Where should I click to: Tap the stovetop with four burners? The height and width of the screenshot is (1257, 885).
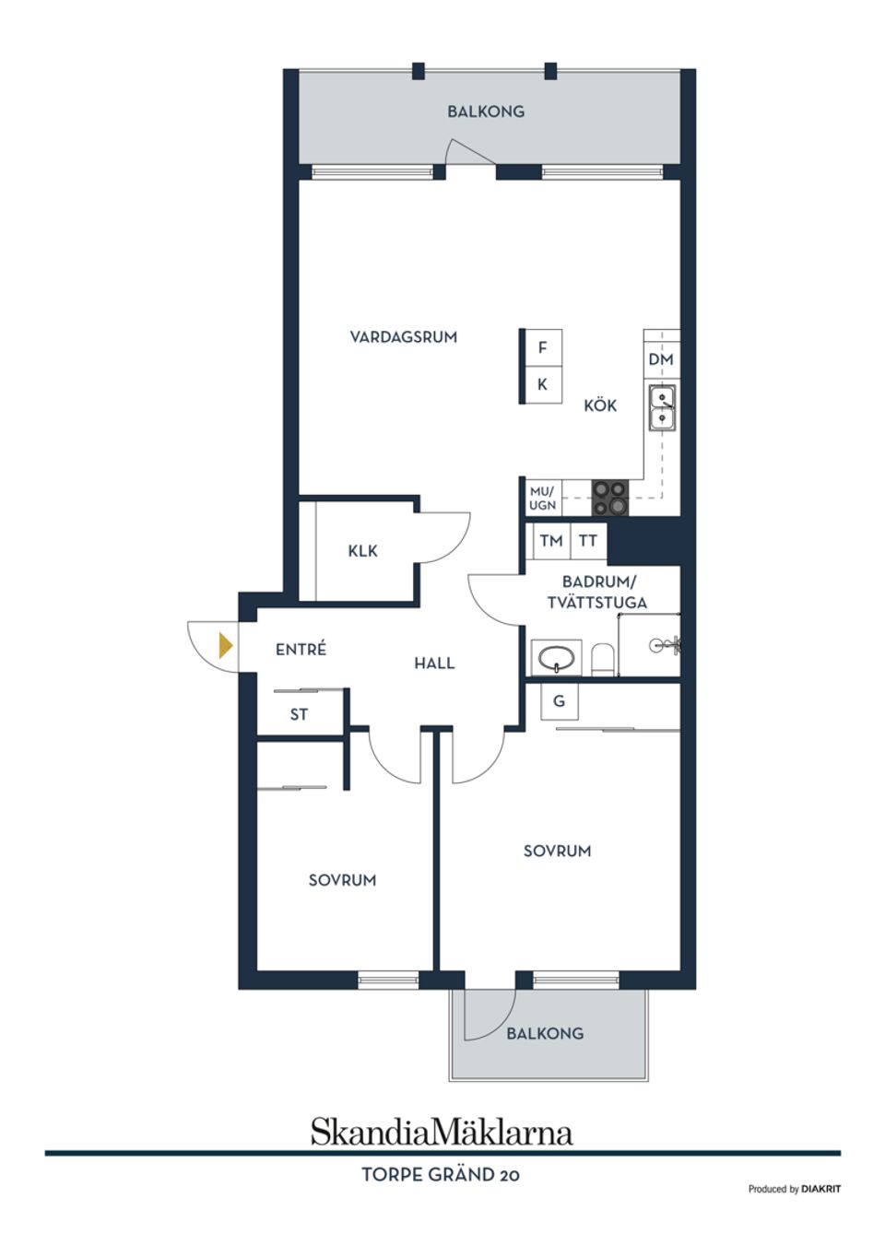[x=609, y=498]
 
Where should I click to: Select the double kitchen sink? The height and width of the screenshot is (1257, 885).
[x=661, y=408]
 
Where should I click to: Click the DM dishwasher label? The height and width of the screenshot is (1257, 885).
[x=660, y=359]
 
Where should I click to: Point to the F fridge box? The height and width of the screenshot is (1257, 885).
[x=542, y=347]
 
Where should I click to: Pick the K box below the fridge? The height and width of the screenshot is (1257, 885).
[x=542, y=384]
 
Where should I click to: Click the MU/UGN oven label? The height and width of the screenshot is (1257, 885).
[x=542, y=499]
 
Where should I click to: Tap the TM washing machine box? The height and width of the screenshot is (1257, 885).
[x=551, y=541]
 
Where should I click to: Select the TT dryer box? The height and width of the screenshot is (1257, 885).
[x=588, y=541]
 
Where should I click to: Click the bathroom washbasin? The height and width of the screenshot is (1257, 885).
[x=557, y=659]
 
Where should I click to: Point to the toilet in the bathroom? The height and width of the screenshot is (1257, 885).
[x=603, y=658]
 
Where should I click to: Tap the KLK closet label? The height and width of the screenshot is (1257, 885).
[x=362, y=550]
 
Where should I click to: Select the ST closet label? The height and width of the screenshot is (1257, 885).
[x=299, y=714]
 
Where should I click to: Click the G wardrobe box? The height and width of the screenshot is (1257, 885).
[x=559, y=701]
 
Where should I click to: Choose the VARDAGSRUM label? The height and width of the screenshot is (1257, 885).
[x=403, y=337]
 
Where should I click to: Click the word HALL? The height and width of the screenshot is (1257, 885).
[x=433, y=663]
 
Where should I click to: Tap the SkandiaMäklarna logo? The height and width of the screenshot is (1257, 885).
[x=442, y=1131]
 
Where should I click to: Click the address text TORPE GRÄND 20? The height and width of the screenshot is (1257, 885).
[x=441, y=1175]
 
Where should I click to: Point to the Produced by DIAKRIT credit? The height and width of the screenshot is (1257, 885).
[x=794, y=1189]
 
